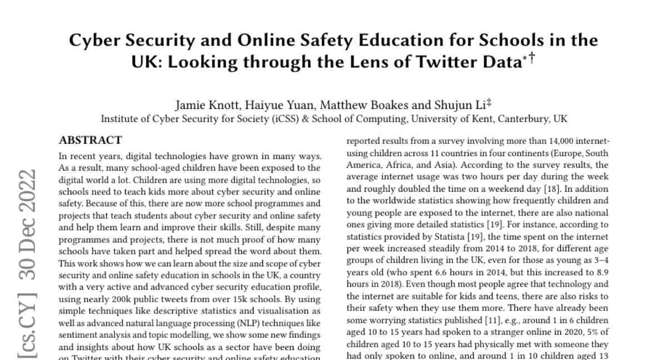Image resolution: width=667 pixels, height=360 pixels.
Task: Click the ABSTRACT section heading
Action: pyautogui.click(x=91, y=140)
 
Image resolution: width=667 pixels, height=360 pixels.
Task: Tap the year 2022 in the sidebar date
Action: pyautogui.click(x=27, y=186)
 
